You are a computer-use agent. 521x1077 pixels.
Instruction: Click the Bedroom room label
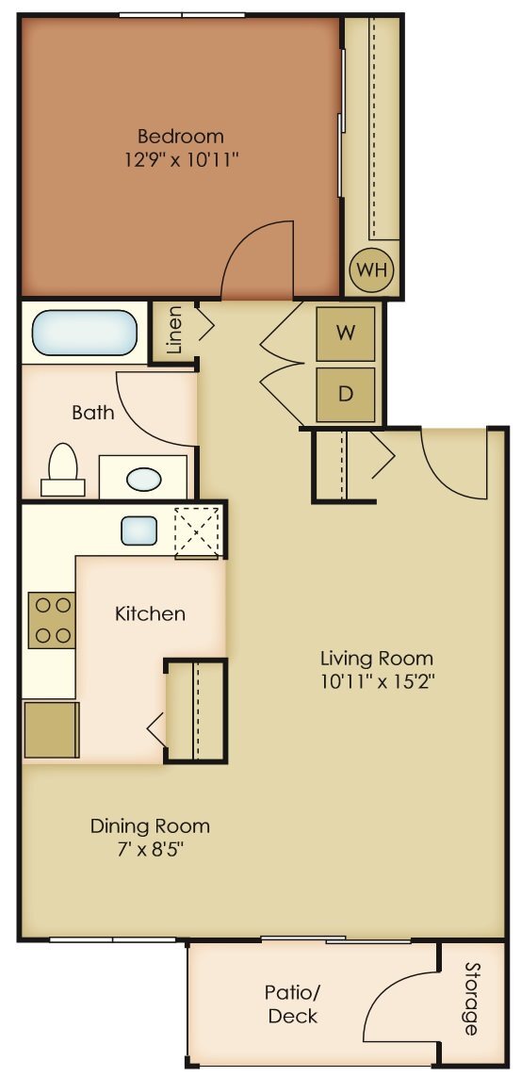coord(181,136)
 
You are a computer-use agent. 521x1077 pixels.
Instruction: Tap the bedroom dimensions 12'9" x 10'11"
coord(181,159)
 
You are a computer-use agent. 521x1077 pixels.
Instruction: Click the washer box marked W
coord(346,334)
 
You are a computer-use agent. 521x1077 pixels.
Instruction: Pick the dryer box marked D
coord(346,394)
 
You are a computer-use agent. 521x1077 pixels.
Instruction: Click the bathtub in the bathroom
coord(84,333)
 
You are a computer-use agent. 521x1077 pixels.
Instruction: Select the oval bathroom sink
coord(143,479)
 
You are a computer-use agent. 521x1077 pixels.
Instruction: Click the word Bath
coord(93,412)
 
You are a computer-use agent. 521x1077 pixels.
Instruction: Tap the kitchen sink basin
coord(138,530)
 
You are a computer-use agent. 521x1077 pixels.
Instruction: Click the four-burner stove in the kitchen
coord(52,620)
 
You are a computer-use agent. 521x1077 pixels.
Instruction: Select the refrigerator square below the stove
coord(51,729)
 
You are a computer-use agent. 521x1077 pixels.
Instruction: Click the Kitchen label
coord(150,614)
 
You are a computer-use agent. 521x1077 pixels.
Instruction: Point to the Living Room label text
coord(377,658)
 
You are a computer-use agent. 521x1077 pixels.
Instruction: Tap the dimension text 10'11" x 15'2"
coord(377,680)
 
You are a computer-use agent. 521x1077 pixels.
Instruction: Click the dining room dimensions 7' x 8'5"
coord(150,849)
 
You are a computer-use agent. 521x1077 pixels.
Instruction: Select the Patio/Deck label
coord(292,1004)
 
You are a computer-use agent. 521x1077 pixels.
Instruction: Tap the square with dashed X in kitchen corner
coord(197,531)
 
